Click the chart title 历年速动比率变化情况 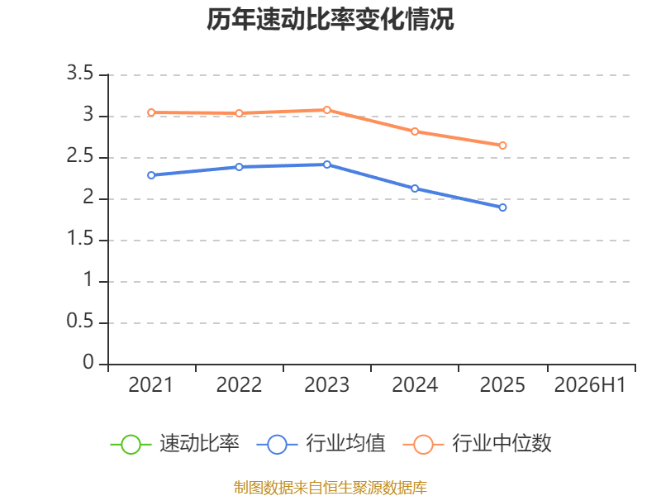coord(330,19)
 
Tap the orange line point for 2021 coord(151,112)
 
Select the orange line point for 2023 coord(327,110)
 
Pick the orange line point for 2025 coord(502,145)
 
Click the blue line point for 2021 coord(151,175)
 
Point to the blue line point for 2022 coord(239,167)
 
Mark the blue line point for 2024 coord(415,188)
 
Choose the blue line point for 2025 coord(502,207)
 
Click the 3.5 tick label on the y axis coord(80,74)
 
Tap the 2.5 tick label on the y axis coord(80,156)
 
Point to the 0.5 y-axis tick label coord(80,322)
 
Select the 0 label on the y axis coord(88,362)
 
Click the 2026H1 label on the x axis coord(590,385)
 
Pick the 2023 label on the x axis coord(327,385)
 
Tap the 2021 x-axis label coord(151,385)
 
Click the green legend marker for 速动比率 coord(131,445)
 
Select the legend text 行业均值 coord(345,444)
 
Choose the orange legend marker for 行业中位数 coord(423,445)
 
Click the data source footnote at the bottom coord(330,488)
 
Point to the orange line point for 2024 coord(415,131)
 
